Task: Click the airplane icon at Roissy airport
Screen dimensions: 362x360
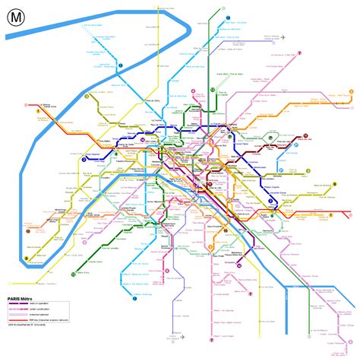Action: [283, 37]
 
